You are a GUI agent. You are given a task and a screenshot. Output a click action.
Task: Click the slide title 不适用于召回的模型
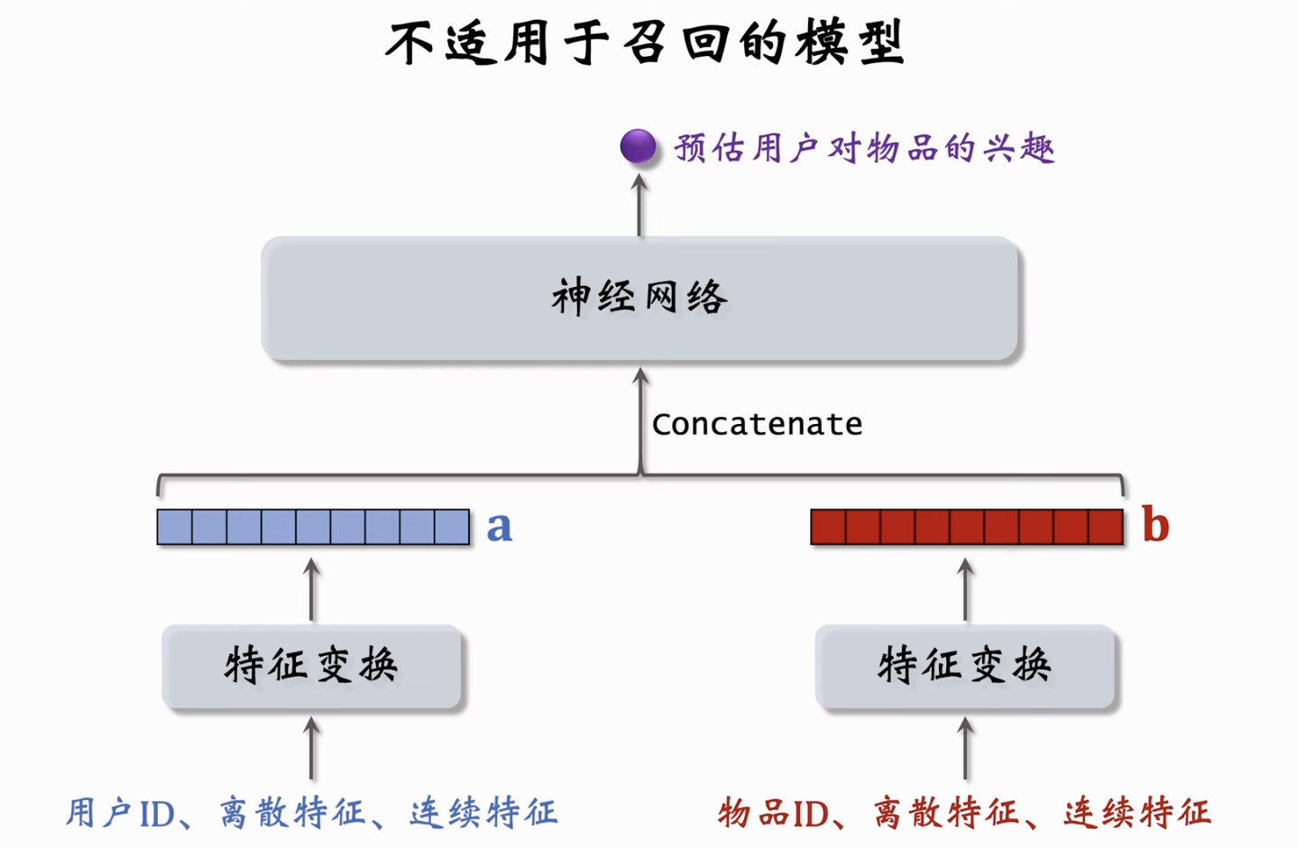tap(646, 43)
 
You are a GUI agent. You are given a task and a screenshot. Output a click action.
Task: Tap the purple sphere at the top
tap(638, 146)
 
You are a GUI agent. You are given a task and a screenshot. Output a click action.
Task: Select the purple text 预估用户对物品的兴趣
tap(864, 148)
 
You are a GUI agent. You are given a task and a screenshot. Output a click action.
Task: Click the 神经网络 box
tap(639, 299)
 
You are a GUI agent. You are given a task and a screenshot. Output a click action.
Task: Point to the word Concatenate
tap(757, 424)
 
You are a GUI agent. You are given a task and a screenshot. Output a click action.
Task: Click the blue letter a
tap(499, 527)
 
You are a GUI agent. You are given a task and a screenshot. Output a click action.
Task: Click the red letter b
tap(1154, 525)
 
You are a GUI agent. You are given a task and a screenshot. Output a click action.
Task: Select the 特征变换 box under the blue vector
tap(312, 666)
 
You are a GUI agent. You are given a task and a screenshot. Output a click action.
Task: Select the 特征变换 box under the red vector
tap(965, 666)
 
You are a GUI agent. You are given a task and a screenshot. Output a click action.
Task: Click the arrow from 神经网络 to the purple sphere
tap(639, 206)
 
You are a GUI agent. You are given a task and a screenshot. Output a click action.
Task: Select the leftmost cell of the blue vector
tap(174, 527)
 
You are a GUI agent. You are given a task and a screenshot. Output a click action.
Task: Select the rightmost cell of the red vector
tap(1105, 527)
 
